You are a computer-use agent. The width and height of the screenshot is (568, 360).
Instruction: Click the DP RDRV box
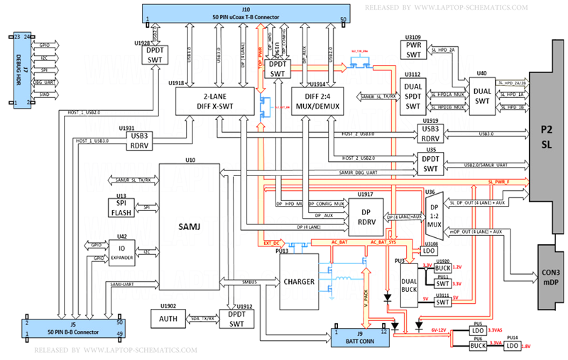pos(368,217)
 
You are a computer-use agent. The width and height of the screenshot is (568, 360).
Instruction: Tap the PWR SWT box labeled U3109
pos(413,50)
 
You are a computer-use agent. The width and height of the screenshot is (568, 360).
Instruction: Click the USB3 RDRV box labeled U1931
pos(139,140)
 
